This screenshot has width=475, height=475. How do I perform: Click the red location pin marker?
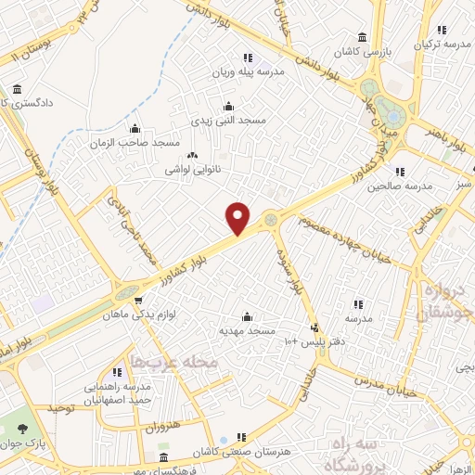238,217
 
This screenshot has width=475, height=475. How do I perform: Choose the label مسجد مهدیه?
244,330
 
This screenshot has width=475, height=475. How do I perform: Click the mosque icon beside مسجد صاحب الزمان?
135,129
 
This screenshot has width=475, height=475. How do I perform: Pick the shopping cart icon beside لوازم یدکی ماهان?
138,300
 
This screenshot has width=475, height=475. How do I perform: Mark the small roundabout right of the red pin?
271,220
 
